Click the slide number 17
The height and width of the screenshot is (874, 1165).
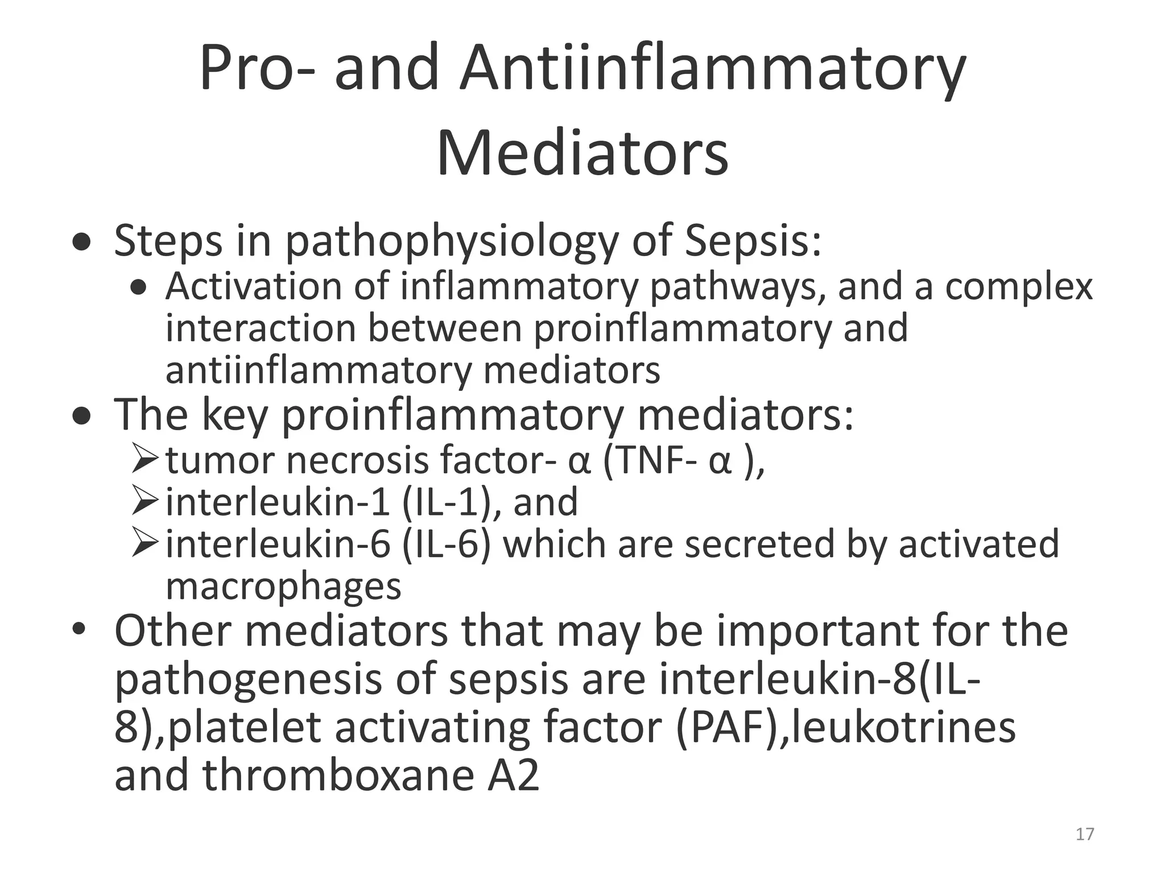coord(1085,834)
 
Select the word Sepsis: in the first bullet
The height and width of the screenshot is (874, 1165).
coord(753,240)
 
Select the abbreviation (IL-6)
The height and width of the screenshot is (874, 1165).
coord(447,544)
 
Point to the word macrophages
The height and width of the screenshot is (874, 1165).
coord(283,586)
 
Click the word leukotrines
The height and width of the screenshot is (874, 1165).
coord(903,727)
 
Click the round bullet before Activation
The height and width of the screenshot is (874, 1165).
coord(138,288)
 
